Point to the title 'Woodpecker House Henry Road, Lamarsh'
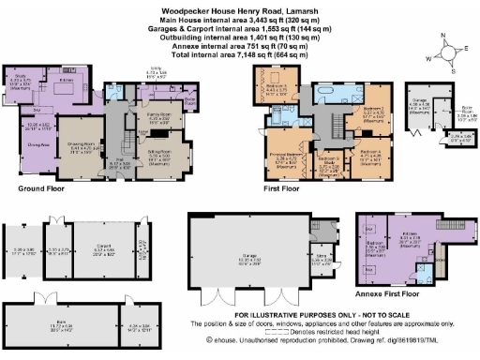pos(240,7)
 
